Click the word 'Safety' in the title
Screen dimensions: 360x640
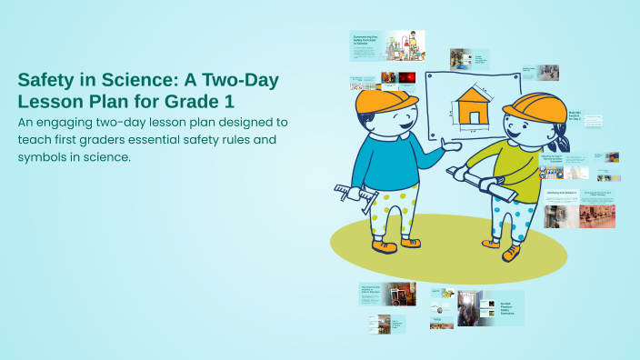click(46, 79)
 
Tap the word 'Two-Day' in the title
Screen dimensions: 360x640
click(240, 79)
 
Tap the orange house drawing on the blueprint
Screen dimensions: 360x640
click(472, 105)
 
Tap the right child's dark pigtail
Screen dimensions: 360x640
click(563, 141)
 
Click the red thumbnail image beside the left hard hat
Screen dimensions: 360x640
click(405, 78)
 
